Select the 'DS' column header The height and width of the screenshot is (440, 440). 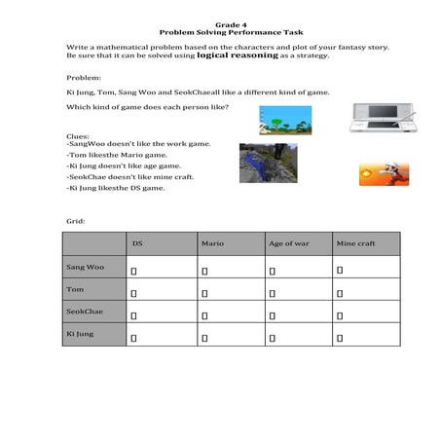(137, 242)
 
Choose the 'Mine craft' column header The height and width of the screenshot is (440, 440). (352, 242)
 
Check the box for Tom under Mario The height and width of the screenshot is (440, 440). (204, 292)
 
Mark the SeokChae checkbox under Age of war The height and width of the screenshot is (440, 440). (273, 314)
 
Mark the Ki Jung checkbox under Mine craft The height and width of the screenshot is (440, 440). (340, 337)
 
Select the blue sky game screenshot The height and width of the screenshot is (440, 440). (257, 120)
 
